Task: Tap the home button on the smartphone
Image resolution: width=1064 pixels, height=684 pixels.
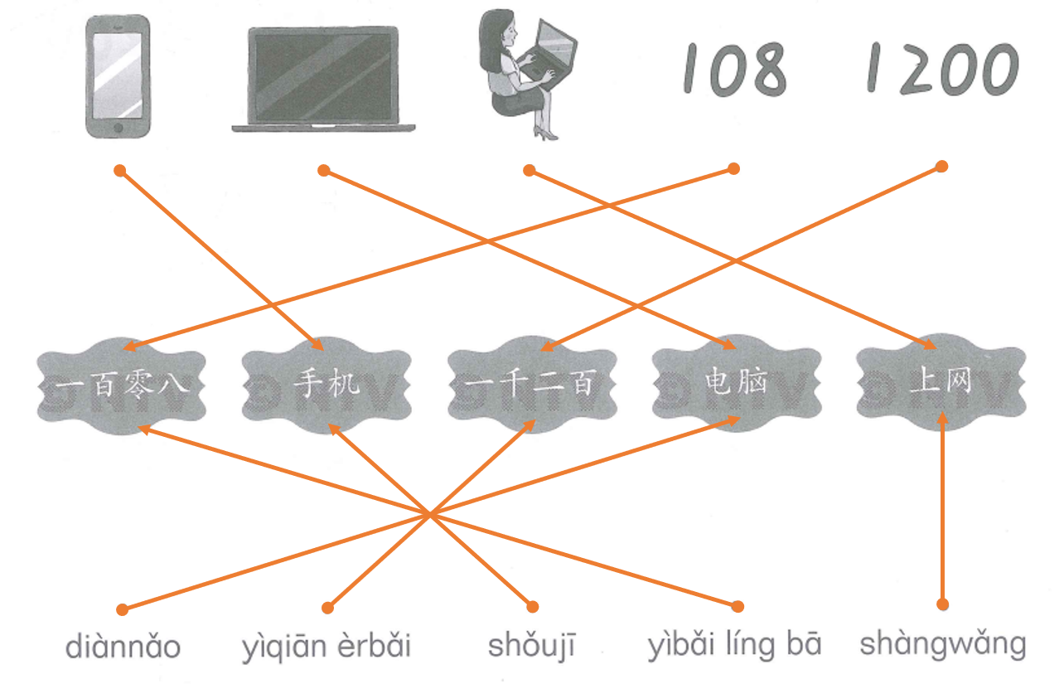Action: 118,129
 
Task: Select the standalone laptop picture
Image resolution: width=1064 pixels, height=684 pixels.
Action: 323,79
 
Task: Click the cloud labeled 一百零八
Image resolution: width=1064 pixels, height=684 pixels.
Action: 121,385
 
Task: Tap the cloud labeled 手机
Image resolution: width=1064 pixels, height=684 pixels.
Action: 326,385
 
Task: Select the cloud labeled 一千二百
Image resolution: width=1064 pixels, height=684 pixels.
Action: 531,385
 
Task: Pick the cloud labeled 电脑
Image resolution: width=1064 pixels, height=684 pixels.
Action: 736,383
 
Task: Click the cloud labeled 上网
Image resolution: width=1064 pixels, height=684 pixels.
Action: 941,383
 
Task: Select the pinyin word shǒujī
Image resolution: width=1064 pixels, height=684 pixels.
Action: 531,646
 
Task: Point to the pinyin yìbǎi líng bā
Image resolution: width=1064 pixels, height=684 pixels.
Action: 734,646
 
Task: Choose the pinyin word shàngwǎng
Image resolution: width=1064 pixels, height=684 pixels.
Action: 942,644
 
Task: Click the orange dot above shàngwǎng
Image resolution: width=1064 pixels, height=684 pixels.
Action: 942,604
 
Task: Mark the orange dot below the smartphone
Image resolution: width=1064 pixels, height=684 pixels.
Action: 119,171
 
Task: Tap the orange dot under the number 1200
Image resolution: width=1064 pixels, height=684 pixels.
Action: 941,167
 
